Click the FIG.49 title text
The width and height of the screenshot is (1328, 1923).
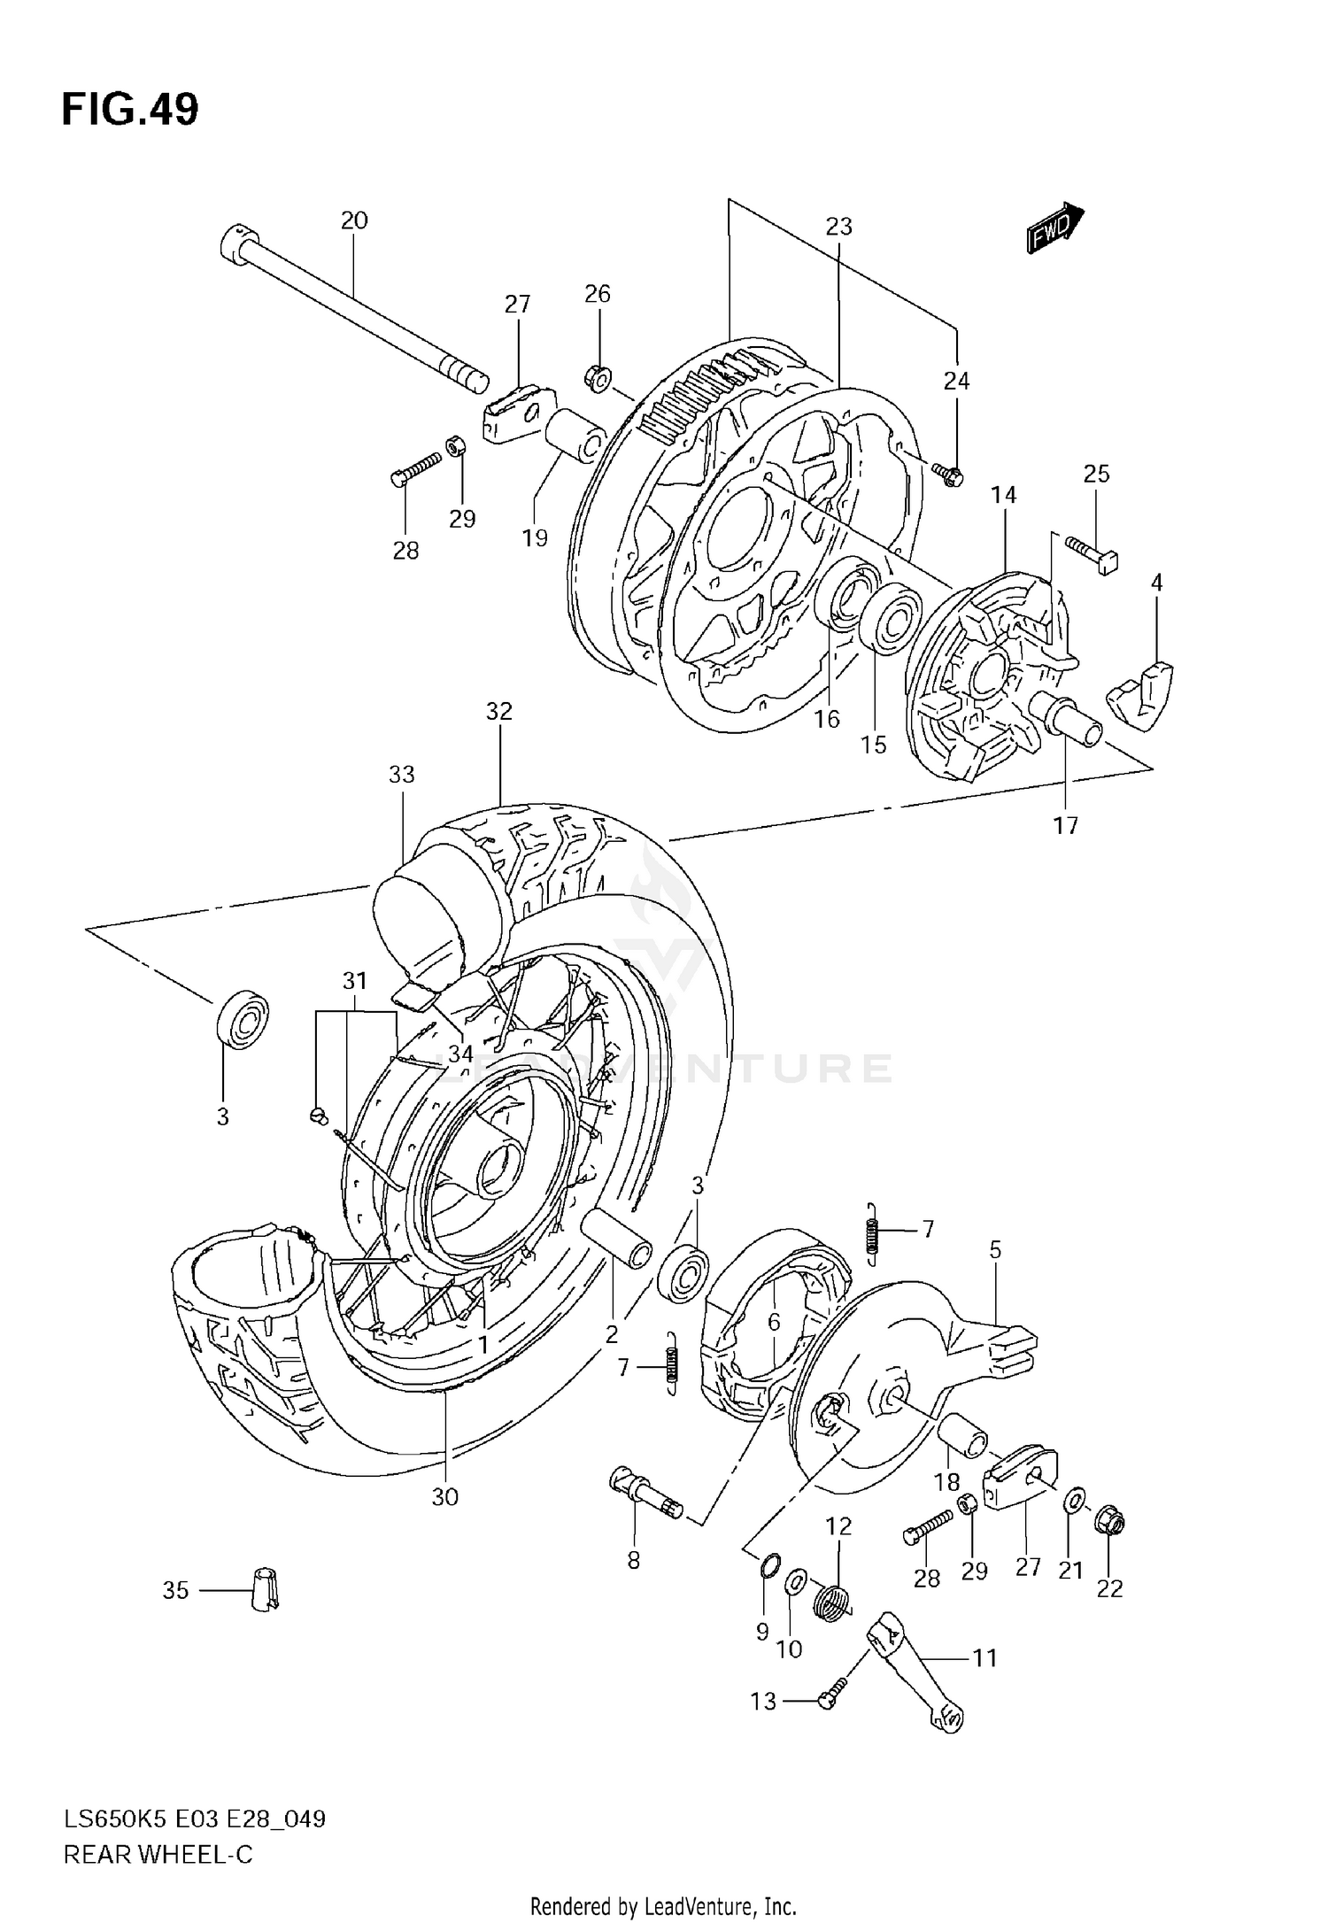click(130, 110)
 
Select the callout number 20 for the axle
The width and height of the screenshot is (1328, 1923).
click(353, 220)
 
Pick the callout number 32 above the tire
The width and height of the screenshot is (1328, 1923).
click(498, 711)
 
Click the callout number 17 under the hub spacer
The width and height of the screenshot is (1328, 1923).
click(1065, 825)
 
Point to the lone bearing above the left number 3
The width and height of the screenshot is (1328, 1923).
click(242, 1021)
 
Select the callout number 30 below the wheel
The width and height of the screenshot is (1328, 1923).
click(444, 1496)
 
